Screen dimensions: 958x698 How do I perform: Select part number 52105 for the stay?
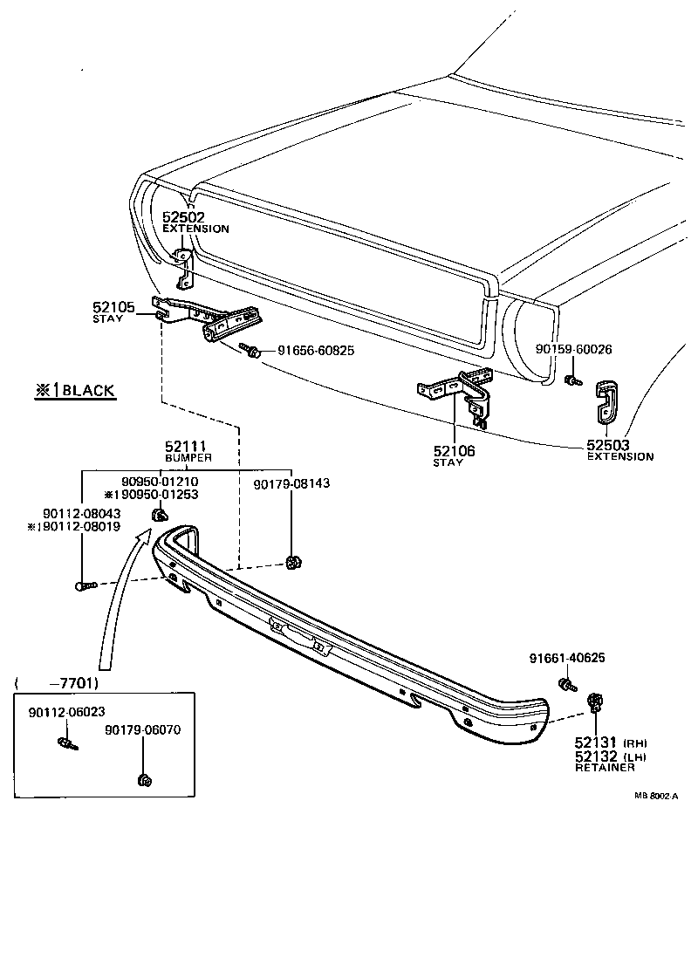coord(113,307)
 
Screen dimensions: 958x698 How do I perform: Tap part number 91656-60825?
coord(316,351)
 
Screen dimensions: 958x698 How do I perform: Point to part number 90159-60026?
coord(573,349)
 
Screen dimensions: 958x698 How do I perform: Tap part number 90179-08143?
coord(291,483)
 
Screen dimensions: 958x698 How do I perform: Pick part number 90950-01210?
coord(160,482)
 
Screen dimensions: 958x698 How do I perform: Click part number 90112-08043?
coord(82,514)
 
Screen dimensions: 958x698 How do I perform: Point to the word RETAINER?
coord(604,768)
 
